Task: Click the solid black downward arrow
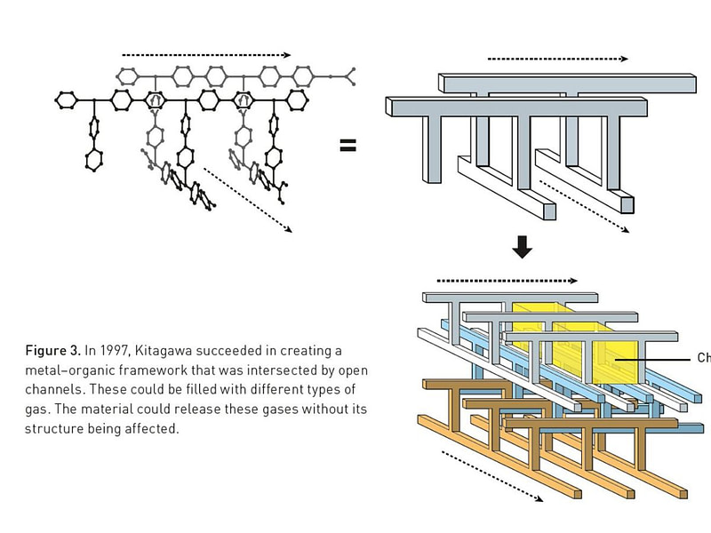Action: (523, 248)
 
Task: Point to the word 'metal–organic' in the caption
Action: (67, 370)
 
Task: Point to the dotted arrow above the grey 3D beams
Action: (557, 60)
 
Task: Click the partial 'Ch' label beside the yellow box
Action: (703, 359)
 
